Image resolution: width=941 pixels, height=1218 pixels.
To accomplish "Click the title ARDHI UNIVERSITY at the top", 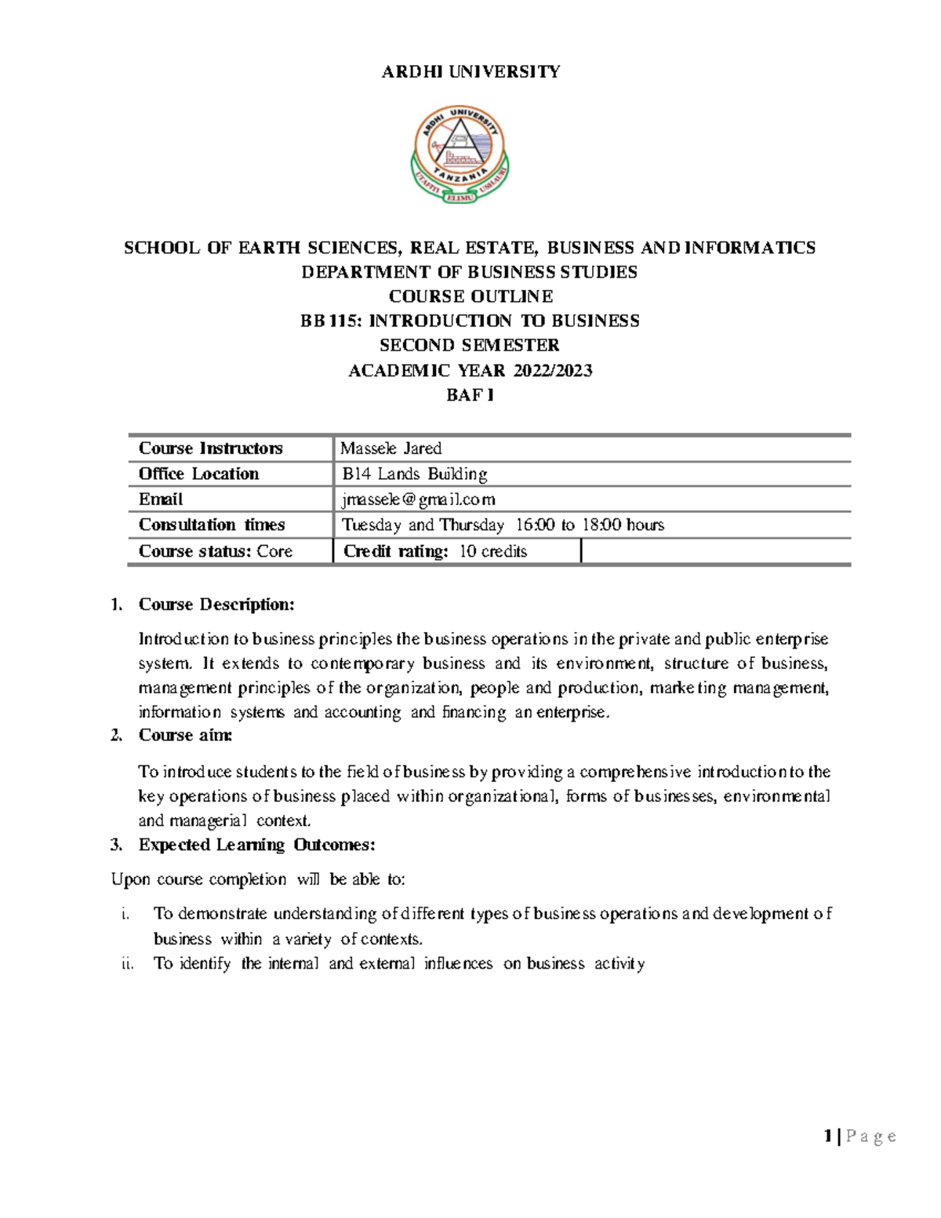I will point(470,72).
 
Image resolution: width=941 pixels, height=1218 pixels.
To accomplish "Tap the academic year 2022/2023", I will point(552,370).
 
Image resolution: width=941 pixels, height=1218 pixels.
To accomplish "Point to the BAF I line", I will point(470,395).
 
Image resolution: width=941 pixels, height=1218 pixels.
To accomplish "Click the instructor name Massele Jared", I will point(391,449).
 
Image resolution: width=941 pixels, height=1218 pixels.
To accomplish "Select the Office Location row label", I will point(198,474).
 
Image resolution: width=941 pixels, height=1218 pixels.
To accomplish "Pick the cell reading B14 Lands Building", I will point(415,474).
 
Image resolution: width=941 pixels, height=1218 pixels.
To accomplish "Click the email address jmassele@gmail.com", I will point(419,500).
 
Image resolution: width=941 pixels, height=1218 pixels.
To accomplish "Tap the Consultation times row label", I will point(212,525).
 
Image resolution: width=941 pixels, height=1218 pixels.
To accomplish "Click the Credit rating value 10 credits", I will point(492,551).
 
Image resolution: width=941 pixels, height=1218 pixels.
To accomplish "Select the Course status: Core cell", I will point(216,551).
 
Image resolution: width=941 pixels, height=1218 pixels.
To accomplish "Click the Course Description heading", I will point(216,605).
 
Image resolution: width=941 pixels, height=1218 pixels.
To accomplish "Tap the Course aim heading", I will point(185,735).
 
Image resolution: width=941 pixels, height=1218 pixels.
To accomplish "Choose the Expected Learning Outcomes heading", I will point(256,845).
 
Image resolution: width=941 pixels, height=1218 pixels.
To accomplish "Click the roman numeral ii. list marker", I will point(128,964).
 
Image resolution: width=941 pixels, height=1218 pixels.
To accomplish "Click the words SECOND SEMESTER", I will point(470,345).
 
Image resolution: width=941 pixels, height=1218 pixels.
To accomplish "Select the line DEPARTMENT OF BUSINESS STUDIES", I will point(470,272).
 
